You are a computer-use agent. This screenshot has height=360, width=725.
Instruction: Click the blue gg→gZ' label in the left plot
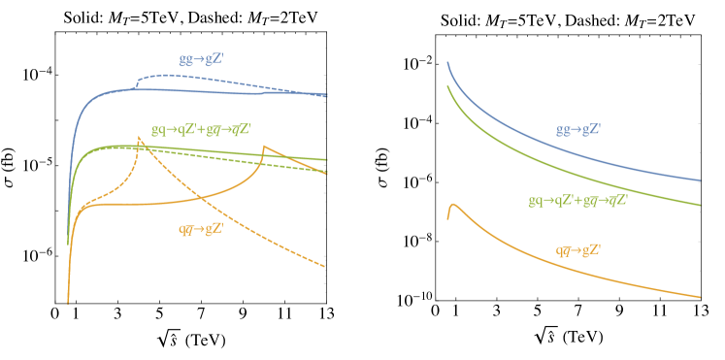click(x=201, y=59)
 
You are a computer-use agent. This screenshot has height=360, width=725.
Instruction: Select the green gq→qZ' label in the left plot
click(x=208, y=128)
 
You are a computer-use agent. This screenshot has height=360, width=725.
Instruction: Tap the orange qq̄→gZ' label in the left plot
click(x=201, y=229)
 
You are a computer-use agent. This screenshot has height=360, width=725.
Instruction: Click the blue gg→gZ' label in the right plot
click(x=578, y=129)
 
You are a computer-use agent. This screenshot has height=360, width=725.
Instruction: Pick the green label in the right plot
click(x=577, y=201)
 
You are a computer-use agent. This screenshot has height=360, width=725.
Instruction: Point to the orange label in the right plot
click(x=578, y=250)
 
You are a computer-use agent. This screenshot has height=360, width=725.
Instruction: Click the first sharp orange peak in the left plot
click(x=141, y=138)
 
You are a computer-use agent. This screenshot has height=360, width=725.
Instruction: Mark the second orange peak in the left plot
click(x=263, y=147)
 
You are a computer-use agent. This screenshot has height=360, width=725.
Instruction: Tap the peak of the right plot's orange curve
click(x=453, y=206)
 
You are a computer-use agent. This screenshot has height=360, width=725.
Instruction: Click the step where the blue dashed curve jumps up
click(x=137, y=82)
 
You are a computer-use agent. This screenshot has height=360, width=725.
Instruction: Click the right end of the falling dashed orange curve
click(x=324, y=266)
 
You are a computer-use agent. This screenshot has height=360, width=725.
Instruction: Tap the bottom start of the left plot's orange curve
click(x=68, y=302)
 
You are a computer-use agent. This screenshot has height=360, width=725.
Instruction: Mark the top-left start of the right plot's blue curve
click(x=447, y=63)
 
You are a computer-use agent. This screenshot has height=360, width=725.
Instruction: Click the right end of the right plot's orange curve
click(x=701, y=297)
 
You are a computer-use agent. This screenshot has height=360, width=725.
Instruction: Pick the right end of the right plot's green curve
click(x=701, y=205)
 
